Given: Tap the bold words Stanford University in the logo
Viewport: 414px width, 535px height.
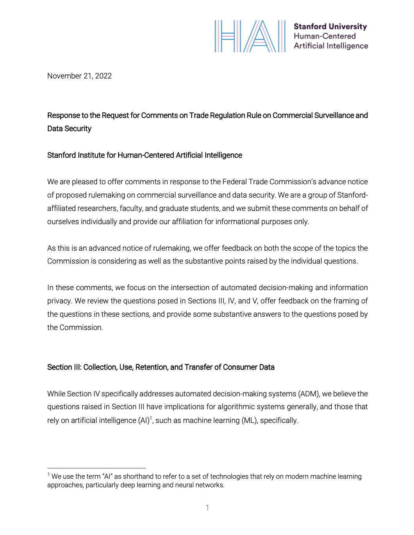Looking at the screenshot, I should click(x=330, y=27).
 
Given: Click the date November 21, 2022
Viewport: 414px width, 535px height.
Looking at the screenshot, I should click(x=79, y=76).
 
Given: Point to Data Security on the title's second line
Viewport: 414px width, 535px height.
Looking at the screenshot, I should click(x=69, y=128).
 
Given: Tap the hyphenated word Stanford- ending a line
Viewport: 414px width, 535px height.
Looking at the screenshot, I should click(x=352, y=195).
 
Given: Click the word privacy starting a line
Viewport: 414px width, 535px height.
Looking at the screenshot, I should click(x=59, y=301).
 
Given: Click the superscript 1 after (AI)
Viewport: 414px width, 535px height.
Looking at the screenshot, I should click(x=151, y=418).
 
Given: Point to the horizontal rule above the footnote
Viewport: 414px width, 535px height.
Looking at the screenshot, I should click(x=96, y=468).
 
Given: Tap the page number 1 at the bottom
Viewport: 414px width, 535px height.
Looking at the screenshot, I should click(x=207, y=508).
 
